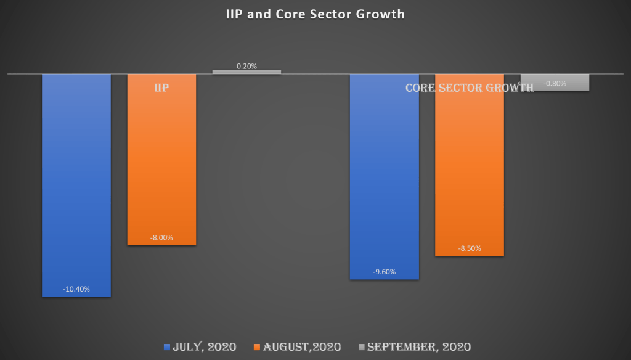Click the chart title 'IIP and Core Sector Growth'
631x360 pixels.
(x=315, y=14)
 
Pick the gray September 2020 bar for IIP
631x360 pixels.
(x=246, y=72)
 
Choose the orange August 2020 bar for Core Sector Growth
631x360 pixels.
(x=470, y=166)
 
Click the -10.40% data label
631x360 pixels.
(x=76, y=289)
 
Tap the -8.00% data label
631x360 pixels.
(x=161, y=237)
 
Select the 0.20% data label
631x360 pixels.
(x=246, y=65)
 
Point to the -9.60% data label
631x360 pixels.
(x=385, y=272)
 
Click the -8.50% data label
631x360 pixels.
(x=470, y=248)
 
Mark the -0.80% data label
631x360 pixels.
(x=555, y=83)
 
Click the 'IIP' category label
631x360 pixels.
(x=161, y=88)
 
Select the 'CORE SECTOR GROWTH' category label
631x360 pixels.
(x=470, y=88)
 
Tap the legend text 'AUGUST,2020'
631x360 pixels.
(x=302, y=346)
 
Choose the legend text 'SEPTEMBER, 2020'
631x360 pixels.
(x=419, y=346)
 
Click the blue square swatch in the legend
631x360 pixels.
(x=167, y=347)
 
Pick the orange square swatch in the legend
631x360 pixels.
(x=257, y=347)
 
